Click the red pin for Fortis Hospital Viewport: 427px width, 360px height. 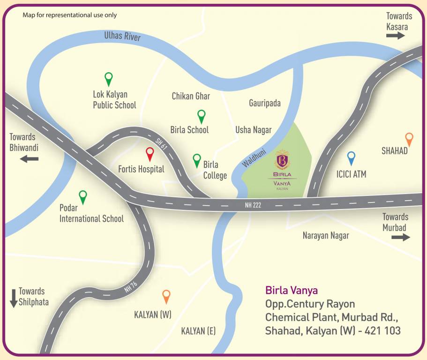point(150,153)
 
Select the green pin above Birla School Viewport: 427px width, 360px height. point(201,116)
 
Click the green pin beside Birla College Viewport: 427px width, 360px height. point(197,160)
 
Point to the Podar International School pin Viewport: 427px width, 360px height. point(83,197)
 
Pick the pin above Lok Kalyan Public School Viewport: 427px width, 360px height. point(109,78)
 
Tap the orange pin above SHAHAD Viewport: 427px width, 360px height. point(409,139)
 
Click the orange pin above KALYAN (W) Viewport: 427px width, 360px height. point(166,296)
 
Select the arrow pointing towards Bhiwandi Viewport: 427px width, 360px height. point(29,159)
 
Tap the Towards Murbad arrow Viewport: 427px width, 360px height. point(401,237)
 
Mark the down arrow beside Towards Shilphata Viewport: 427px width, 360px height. point(13,299)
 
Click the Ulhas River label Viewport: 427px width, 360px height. point(122,36)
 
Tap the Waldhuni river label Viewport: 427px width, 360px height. point(253,156)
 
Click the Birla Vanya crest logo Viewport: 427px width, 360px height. point(283,160)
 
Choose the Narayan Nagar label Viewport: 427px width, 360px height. point(325,236)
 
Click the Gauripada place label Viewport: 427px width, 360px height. point(264,103)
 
